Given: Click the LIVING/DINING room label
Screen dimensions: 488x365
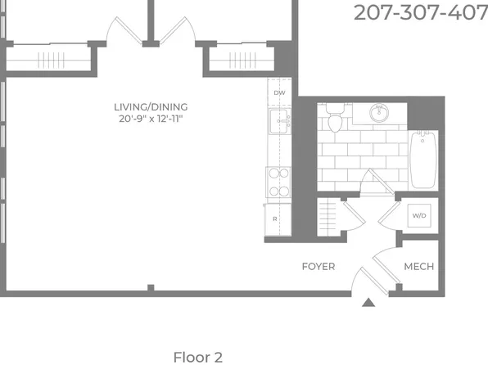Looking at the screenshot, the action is point(151,107).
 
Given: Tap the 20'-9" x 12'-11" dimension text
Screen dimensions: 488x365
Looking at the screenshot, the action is point(151,119).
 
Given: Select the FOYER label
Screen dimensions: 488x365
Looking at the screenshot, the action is point(319,267).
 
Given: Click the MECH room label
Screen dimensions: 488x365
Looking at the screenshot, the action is point(419,267).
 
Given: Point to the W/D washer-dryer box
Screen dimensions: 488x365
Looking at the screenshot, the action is point(419,215).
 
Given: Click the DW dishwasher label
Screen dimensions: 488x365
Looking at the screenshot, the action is point(279,92).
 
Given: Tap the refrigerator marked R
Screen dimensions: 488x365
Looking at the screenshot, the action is point(278,219).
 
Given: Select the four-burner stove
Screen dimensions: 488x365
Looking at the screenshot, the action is point(278,182).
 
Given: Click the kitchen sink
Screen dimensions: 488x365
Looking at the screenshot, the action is point(279,121).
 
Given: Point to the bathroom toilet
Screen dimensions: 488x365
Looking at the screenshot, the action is point(335,118).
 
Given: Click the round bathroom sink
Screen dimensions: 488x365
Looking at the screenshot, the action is point(379,113).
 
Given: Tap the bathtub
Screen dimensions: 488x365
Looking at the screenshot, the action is point(423,160).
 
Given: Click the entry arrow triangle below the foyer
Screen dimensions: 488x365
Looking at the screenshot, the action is point(368,303).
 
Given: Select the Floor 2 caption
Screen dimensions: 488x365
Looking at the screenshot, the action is point(198,357).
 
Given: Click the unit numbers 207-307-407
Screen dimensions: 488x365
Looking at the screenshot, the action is point(421,13).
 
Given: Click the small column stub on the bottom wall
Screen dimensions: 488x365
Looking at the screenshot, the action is point(151,288).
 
